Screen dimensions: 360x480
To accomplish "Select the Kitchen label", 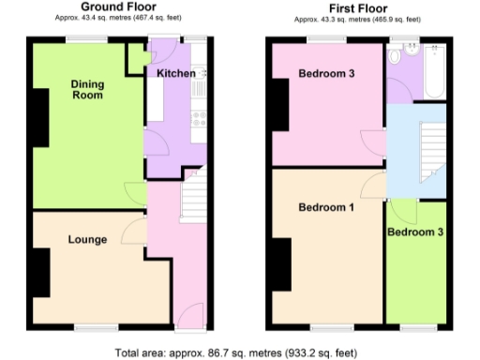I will point(175,73).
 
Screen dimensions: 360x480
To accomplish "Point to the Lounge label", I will point(86,240).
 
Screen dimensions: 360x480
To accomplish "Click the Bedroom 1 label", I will point(325,208).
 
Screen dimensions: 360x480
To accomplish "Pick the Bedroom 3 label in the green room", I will point(414,232).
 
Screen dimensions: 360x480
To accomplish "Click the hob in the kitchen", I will point(198,117).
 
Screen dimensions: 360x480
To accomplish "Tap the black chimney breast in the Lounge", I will point(39,272).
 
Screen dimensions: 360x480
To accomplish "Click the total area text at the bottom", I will point(236,352).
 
